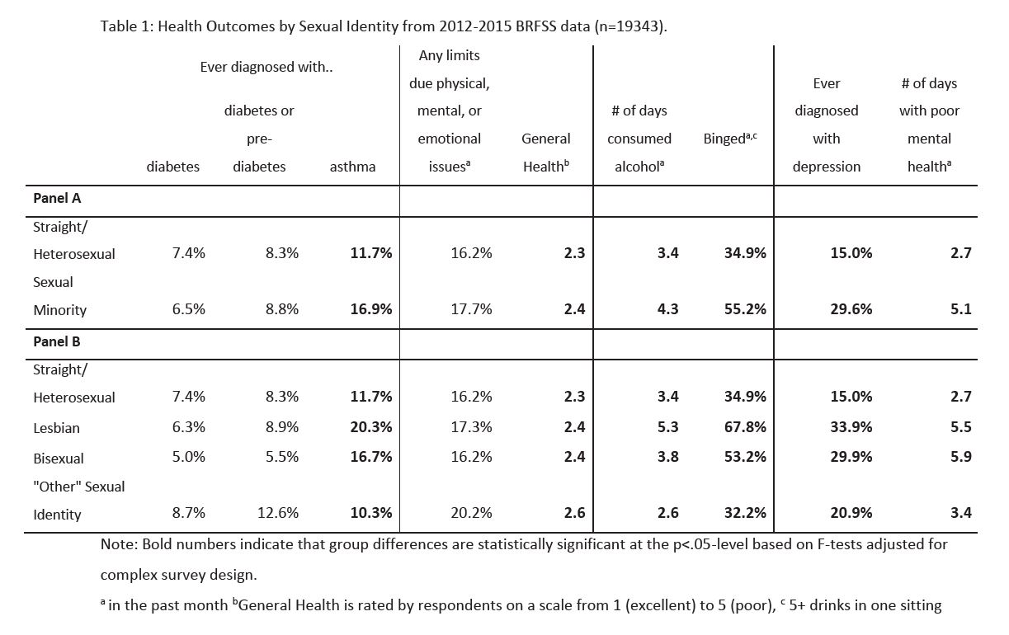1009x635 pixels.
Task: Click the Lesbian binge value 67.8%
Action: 745,426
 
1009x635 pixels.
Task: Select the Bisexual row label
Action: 59,458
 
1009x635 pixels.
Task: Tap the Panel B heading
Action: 57,341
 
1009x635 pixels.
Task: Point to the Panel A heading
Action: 57,198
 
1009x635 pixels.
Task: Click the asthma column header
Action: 353,167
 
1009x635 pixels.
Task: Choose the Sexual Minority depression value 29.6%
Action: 851,309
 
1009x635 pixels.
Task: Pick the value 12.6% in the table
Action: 278,512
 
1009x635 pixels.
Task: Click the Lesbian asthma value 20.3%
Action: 371,426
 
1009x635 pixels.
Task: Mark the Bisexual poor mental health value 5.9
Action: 961,457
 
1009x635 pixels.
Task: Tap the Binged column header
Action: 730,138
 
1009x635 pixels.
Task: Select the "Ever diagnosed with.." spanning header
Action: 266,67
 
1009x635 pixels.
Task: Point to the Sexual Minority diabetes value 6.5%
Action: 189,309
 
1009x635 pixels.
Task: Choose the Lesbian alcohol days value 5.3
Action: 668,426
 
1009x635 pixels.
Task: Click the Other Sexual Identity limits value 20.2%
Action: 472,512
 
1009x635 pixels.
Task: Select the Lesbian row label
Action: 56,428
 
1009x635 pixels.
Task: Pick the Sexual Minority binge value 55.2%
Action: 745,309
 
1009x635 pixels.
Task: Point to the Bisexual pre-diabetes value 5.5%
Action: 282,457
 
